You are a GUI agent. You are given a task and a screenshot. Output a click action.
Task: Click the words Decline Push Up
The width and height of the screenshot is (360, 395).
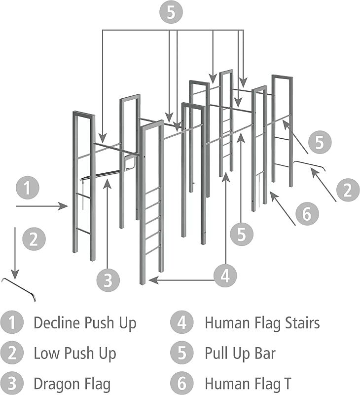point(85,323)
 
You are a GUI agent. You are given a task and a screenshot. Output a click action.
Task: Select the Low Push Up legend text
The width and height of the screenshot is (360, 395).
point(75,354)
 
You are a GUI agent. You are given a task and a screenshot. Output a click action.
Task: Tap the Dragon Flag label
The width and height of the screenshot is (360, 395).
point(72,384)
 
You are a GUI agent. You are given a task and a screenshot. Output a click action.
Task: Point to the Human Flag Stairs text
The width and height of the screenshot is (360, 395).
point(262,323)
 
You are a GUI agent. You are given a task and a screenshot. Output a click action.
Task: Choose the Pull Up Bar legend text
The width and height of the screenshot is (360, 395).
point(240,354)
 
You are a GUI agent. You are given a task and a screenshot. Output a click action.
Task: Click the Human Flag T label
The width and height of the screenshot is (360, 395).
point(248,384)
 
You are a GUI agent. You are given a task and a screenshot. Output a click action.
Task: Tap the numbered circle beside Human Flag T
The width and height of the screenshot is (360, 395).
point(182,384)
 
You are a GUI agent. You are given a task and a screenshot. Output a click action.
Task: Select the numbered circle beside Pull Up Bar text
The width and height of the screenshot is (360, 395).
point(182,354)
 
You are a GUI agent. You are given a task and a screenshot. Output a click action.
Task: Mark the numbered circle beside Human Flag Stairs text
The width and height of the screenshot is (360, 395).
point(182,323)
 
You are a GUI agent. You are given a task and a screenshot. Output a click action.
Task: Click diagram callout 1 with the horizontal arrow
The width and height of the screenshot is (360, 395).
point(27,188)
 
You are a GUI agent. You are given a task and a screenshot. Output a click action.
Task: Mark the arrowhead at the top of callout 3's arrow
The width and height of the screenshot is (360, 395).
point(108,182)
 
